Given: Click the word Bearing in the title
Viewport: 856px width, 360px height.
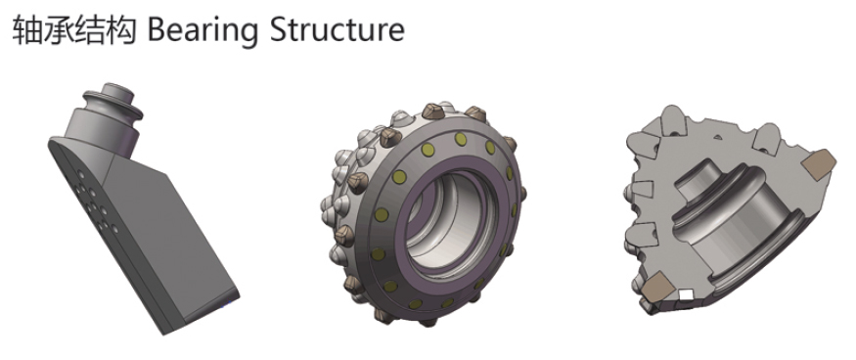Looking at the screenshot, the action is tap(203, 30).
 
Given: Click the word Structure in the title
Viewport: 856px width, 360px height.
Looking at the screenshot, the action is tap(338, 29).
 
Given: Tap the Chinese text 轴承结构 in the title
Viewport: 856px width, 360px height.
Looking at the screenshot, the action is tap(73, 29).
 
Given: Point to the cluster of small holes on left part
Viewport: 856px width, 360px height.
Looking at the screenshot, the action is tap(94, 203).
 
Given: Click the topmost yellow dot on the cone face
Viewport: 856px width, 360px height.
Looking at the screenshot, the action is tap(461, 139).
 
